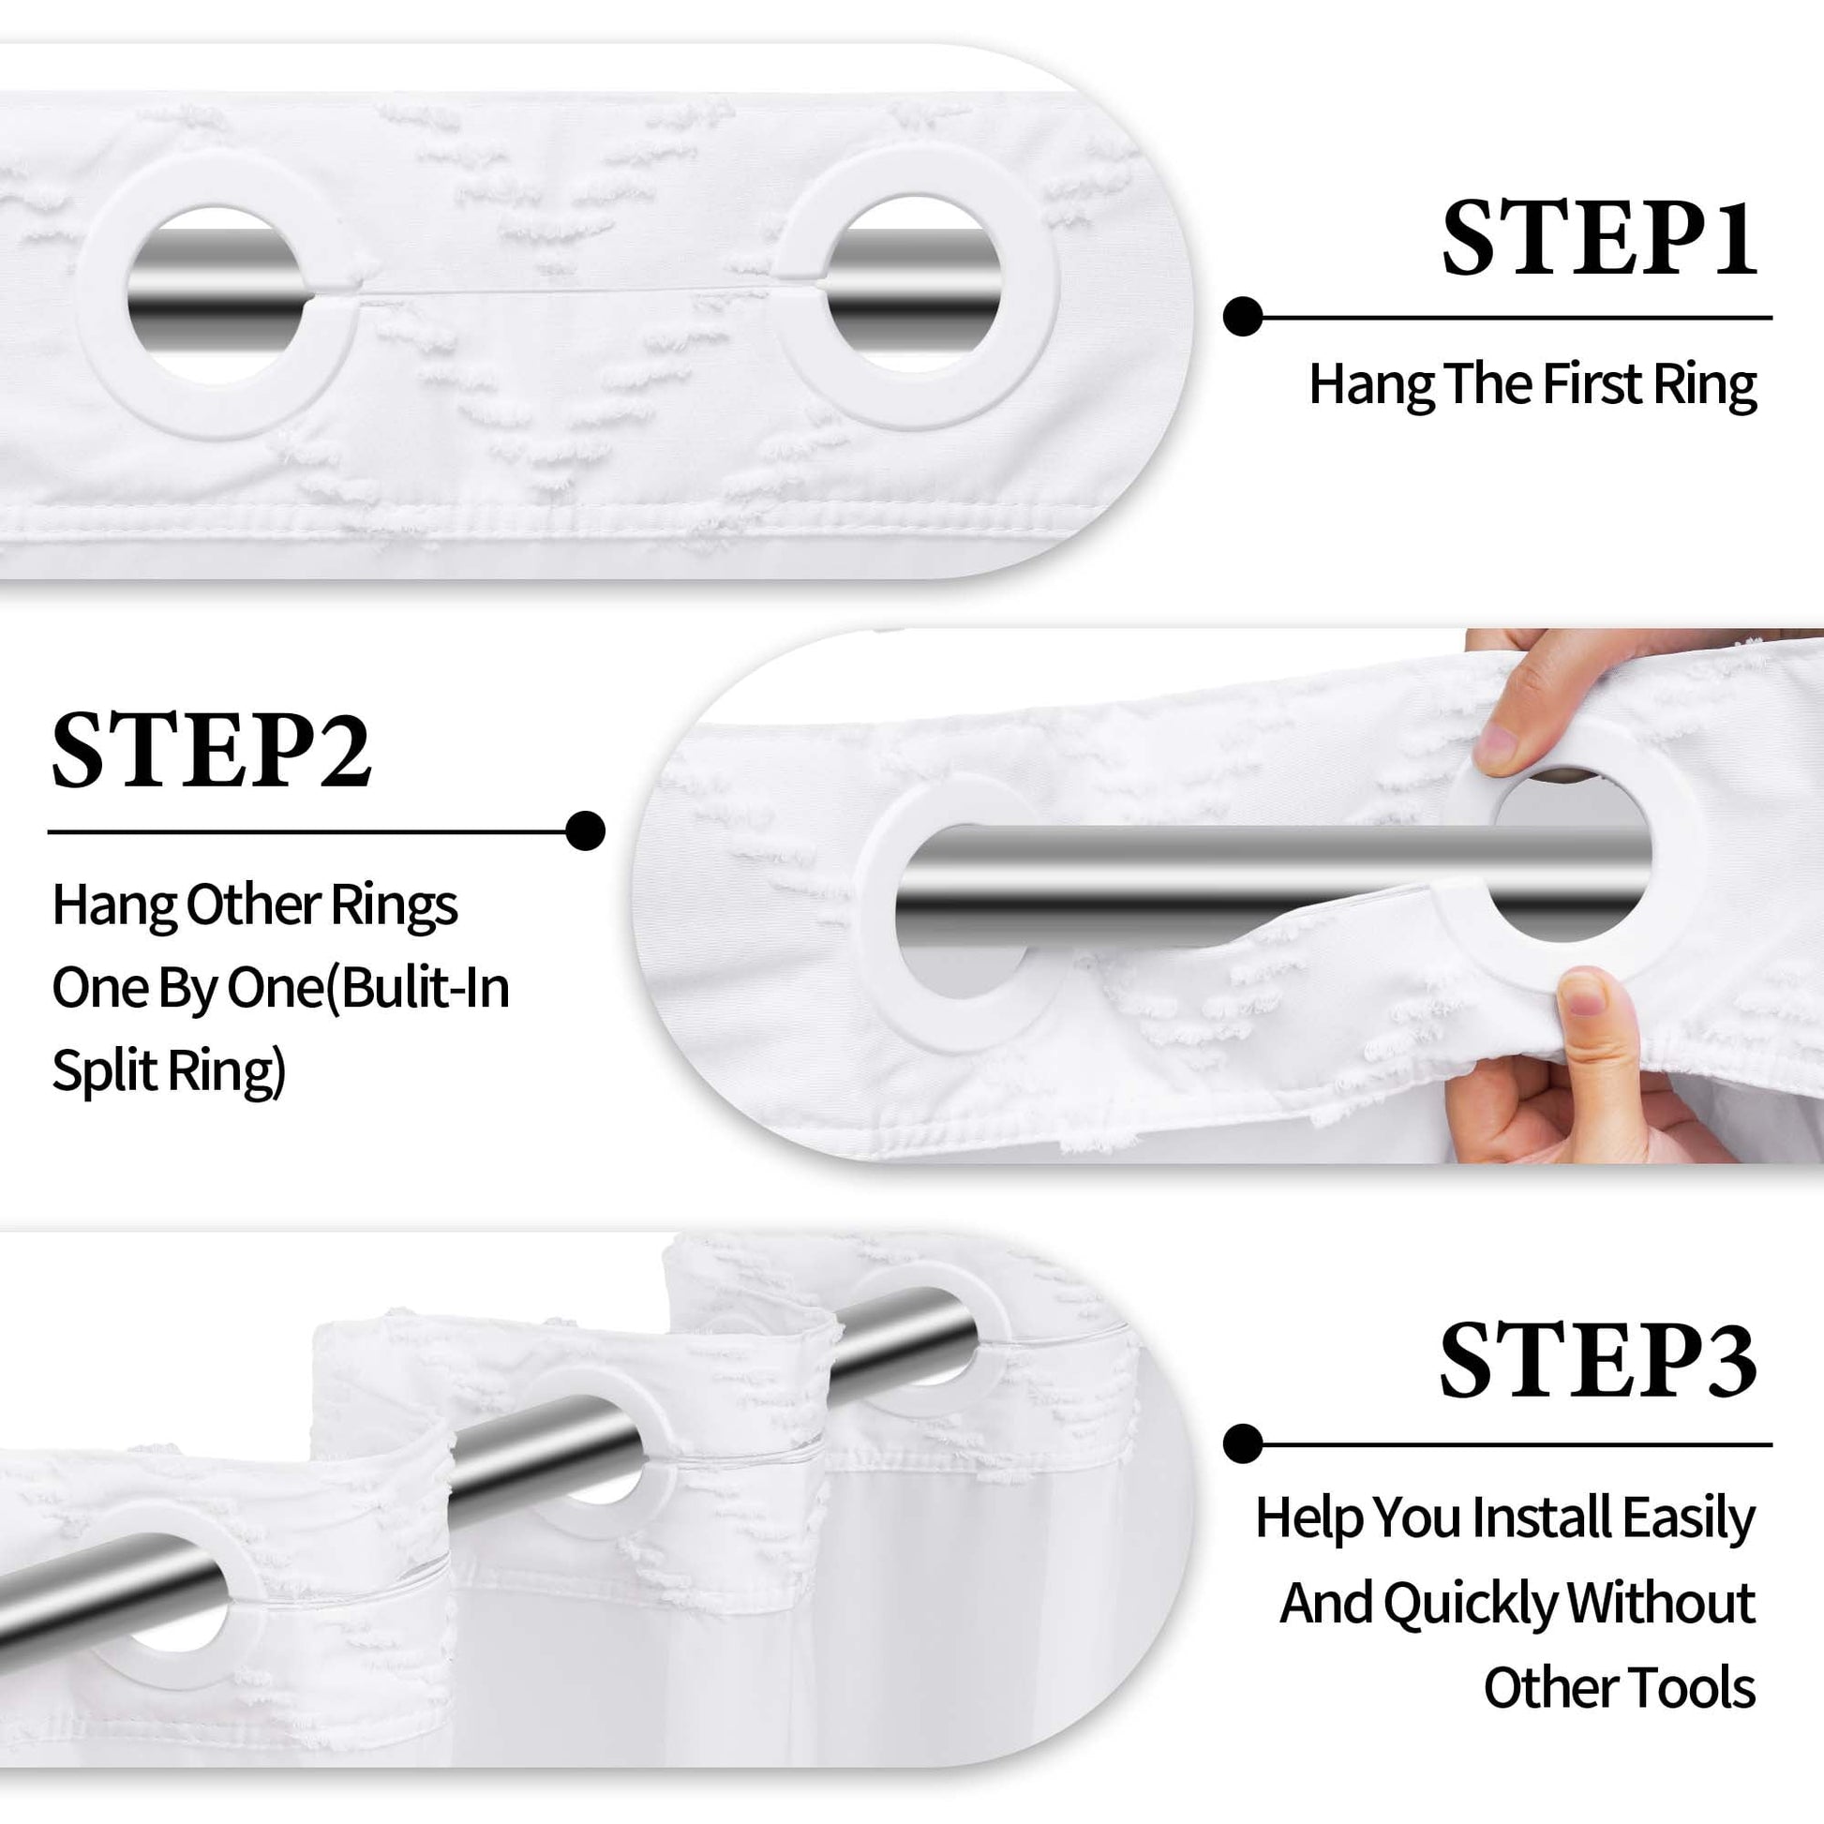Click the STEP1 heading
pyautogui.click(x=1599, y=238)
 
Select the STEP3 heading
pyautogui.click(x=1597, y=1360)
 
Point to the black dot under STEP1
pyautogui.click(x=1243, y=316)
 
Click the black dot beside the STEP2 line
pyautogui.click(x=585, y=830)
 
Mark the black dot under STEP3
pyautogui.click(x=1243, y=1444)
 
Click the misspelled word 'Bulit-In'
pyautogui.click(x=424, y=989)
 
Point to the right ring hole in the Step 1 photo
pyautogui.click(x=913, y=283)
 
